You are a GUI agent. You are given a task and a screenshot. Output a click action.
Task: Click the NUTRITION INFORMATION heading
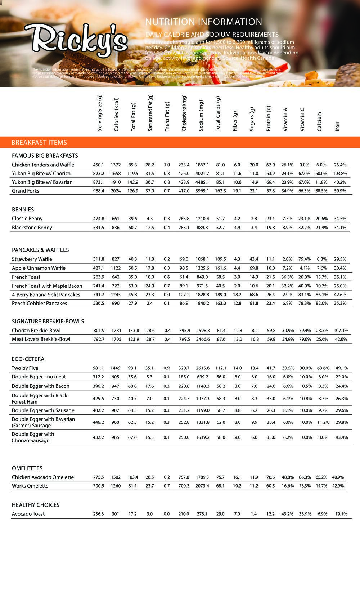[203, 22]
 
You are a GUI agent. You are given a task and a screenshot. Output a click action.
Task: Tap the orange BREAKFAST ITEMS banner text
[39, 143]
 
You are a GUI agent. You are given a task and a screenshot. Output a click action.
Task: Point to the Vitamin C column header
[302, 119]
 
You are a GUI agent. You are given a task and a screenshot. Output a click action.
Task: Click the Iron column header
[337, 126]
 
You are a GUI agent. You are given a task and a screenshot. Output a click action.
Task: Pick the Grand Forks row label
[26, 191]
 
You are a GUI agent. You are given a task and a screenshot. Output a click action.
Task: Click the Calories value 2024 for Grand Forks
[116, 191]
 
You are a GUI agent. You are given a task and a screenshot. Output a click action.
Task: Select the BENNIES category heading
[23, 210]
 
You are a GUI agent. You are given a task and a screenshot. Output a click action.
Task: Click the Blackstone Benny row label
[32, 228]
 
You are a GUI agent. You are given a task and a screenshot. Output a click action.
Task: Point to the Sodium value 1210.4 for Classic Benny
[202, 219]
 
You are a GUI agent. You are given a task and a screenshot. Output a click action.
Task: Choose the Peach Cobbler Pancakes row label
[40, 303]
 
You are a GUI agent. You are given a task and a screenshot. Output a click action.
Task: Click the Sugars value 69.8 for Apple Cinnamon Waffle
[254, 268]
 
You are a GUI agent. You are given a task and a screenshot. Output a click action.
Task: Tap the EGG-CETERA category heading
[28, 359]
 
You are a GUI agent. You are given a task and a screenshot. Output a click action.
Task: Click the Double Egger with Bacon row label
[40, 386]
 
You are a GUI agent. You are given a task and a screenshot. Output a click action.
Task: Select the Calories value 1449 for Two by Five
[116, 368]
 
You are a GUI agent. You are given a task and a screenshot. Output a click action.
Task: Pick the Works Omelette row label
[30, 486]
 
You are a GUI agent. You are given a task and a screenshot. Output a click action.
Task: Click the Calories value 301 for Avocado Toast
[115, 514]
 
